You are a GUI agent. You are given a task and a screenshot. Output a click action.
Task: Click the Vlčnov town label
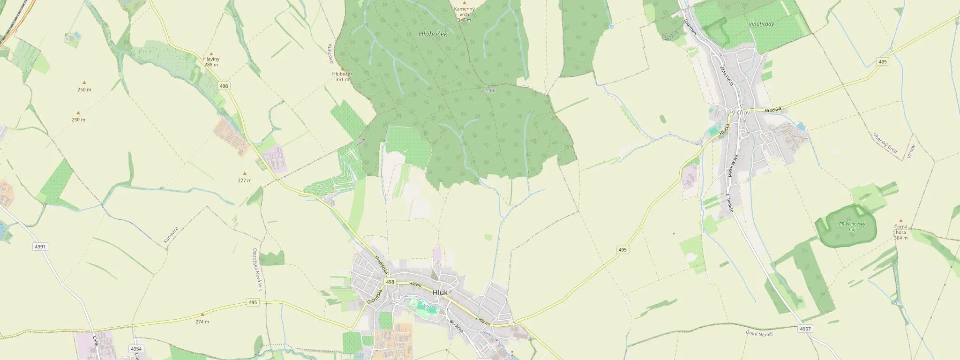pyautogui.click(x=741, y=112)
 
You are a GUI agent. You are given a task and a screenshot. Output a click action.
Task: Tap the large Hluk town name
pyautogui.click(x=440, y=292)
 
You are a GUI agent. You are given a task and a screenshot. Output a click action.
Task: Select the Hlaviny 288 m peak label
pyautogui.click(x=211, y=62)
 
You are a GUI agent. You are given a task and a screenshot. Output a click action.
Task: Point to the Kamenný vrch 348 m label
pyautogui.click(x=464, y=14)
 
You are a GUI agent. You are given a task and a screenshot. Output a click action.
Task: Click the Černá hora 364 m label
pyautogui.click(x=900, y=232)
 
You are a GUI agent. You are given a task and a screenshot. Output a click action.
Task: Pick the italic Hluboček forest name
pyautogui.click(x=433, y=34)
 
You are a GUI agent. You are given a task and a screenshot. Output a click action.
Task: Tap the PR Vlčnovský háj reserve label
pyautogui.click(x=852, y=226)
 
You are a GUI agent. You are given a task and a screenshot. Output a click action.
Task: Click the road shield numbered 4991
pyautogui.click(x=40, y=247)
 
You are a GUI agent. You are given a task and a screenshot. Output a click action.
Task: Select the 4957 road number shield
pyautogui.click(x=805, y=329)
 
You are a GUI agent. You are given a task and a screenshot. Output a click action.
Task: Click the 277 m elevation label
pyautogui.click(x=244, y=180)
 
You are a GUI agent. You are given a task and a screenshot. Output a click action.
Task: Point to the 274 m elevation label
pyautogui.click(x=202, y=322)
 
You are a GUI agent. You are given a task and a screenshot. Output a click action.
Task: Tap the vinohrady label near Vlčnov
pyautogui.click(x=761, y=24)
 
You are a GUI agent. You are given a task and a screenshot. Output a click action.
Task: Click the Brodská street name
pyautogui.click(x=773, y=110)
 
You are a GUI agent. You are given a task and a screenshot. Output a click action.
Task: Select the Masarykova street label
pyautogui.click(x=733, y=166)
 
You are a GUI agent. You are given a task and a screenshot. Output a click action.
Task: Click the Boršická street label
pyautogui.click(x=456, y=326)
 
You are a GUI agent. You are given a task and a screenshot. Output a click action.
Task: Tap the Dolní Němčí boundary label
pyautogui.click(x=759, y=333)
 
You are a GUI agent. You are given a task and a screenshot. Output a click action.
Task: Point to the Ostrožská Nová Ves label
pyautogui.click(x=256, y=269)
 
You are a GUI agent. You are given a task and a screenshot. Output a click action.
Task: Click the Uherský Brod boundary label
pyautogui.click(x=885, y=143)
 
